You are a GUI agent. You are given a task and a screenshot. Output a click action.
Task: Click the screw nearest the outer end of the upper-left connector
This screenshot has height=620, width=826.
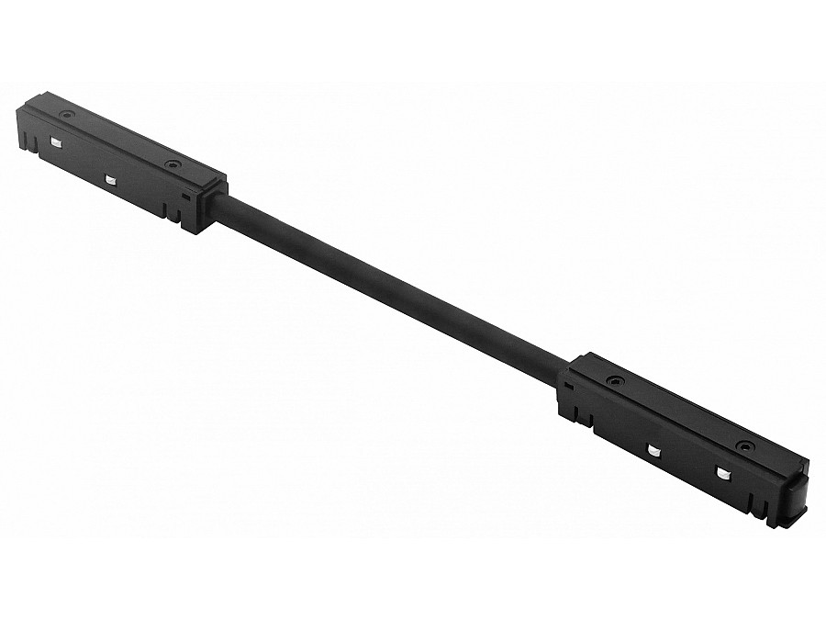[x=66, y=115]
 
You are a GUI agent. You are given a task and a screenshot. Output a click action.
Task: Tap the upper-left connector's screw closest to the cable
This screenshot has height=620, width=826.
[x=171, y=164]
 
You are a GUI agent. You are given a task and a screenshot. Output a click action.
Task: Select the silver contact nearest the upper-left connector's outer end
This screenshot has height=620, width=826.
[x=55, y=141]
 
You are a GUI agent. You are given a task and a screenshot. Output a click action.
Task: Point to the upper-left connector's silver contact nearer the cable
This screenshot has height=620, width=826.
[x=109, y=180]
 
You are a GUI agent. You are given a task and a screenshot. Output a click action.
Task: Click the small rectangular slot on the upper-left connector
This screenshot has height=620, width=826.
[x=186, y=195]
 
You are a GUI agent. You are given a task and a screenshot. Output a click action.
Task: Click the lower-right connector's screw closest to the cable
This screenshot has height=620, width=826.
[x=612, y=379]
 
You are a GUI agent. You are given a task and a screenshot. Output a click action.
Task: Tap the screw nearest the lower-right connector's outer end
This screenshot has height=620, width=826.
[x=746, y=445]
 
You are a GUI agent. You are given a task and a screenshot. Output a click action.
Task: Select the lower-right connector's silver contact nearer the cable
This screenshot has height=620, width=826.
[x=654, y=450]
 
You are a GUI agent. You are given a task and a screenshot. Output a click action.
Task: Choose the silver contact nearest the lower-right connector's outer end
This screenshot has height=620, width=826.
[x=722, y=473]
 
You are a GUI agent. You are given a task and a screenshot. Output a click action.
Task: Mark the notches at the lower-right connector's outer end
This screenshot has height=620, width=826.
[x=756, y=503]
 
